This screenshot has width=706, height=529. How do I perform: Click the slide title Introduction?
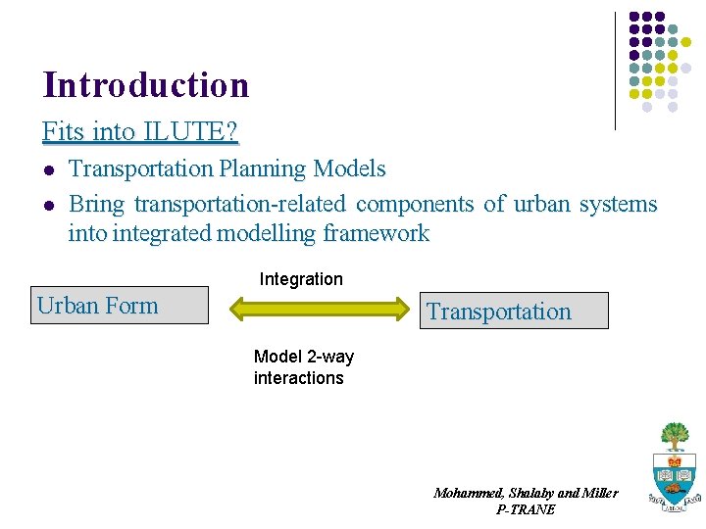click(x=145, y=85)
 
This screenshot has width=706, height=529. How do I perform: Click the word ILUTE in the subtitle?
click(x=183, y=130)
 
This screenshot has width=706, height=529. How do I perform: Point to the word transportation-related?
click(x=240, y=204)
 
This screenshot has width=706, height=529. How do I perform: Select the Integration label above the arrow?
click(x=301, y=279)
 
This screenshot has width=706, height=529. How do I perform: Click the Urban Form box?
click(x=120, y=306)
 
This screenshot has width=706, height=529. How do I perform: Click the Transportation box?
click(x=513, y=312)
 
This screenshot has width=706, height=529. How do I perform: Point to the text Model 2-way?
click(x=303, y=357)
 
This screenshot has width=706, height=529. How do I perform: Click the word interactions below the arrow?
click(x=298, y=378)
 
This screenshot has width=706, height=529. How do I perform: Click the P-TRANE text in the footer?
click(x=526, y=509)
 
